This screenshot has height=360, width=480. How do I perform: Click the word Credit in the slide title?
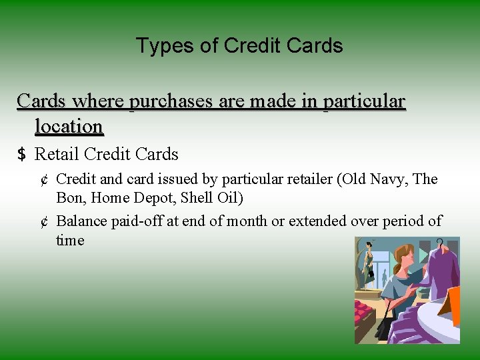(x=250, y=46)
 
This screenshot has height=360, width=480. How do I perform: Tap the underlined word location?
(x=69, y=126)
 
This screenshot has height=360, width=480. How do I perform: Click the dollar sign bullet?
(x=21, y=155)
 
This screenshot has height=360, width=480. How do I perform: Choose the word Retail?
(x=57, y=155)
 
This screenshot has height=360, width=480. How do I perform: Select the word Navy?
(x=391, y=179)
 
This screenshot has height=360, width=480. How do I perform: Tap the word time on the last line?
(x=70, y=241)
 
